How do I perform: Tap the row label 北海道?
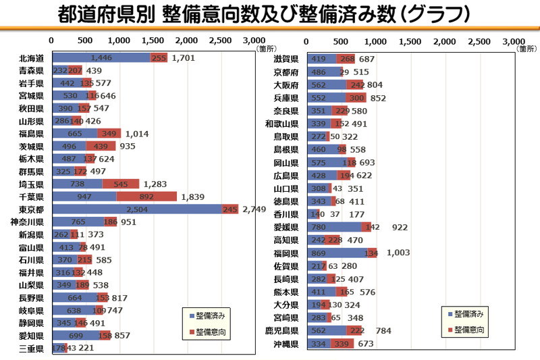tap(32, 58)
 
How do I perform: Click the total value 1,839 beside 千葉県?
tap(194, 197)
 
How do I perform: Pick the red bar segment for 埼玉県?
tap(121, 184)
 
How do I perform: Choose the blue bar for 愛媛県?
tap(334, 228)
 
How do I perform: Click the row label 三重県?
tap(32, 348)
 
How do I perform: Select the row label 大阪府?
tap(286, 85)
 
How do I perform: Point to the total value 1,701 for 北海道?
tap(184, 58)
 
